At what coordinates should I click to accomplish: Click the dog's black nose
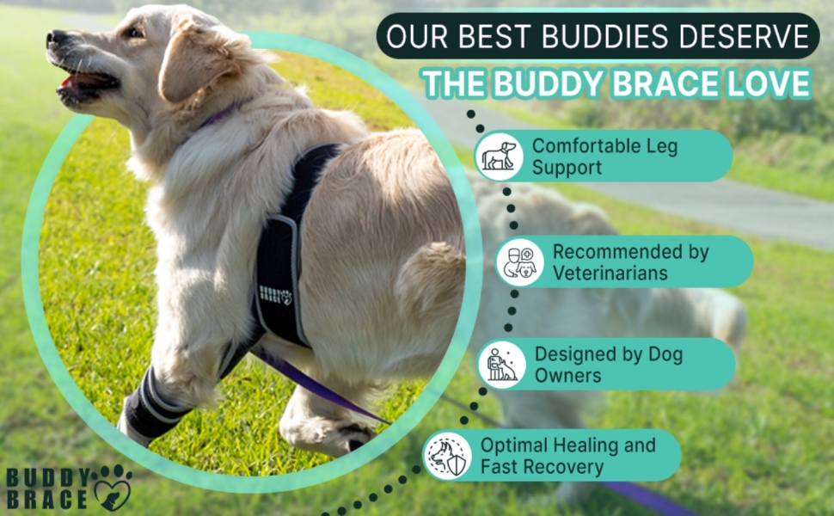(x=57, y=39)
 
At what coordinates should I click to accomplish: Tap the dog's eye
(x=134, y=33)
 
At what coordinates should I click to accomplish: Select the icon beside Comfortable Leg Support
(x=499, y=156)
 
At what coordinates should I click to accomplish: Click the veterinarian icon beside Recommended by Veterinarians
(x=520, y=261)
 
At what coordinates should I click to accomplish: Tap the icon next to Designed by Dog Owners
(x=501, y=364)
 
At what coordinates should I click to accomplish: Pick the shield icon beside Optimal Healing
(x=448, y=455)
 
